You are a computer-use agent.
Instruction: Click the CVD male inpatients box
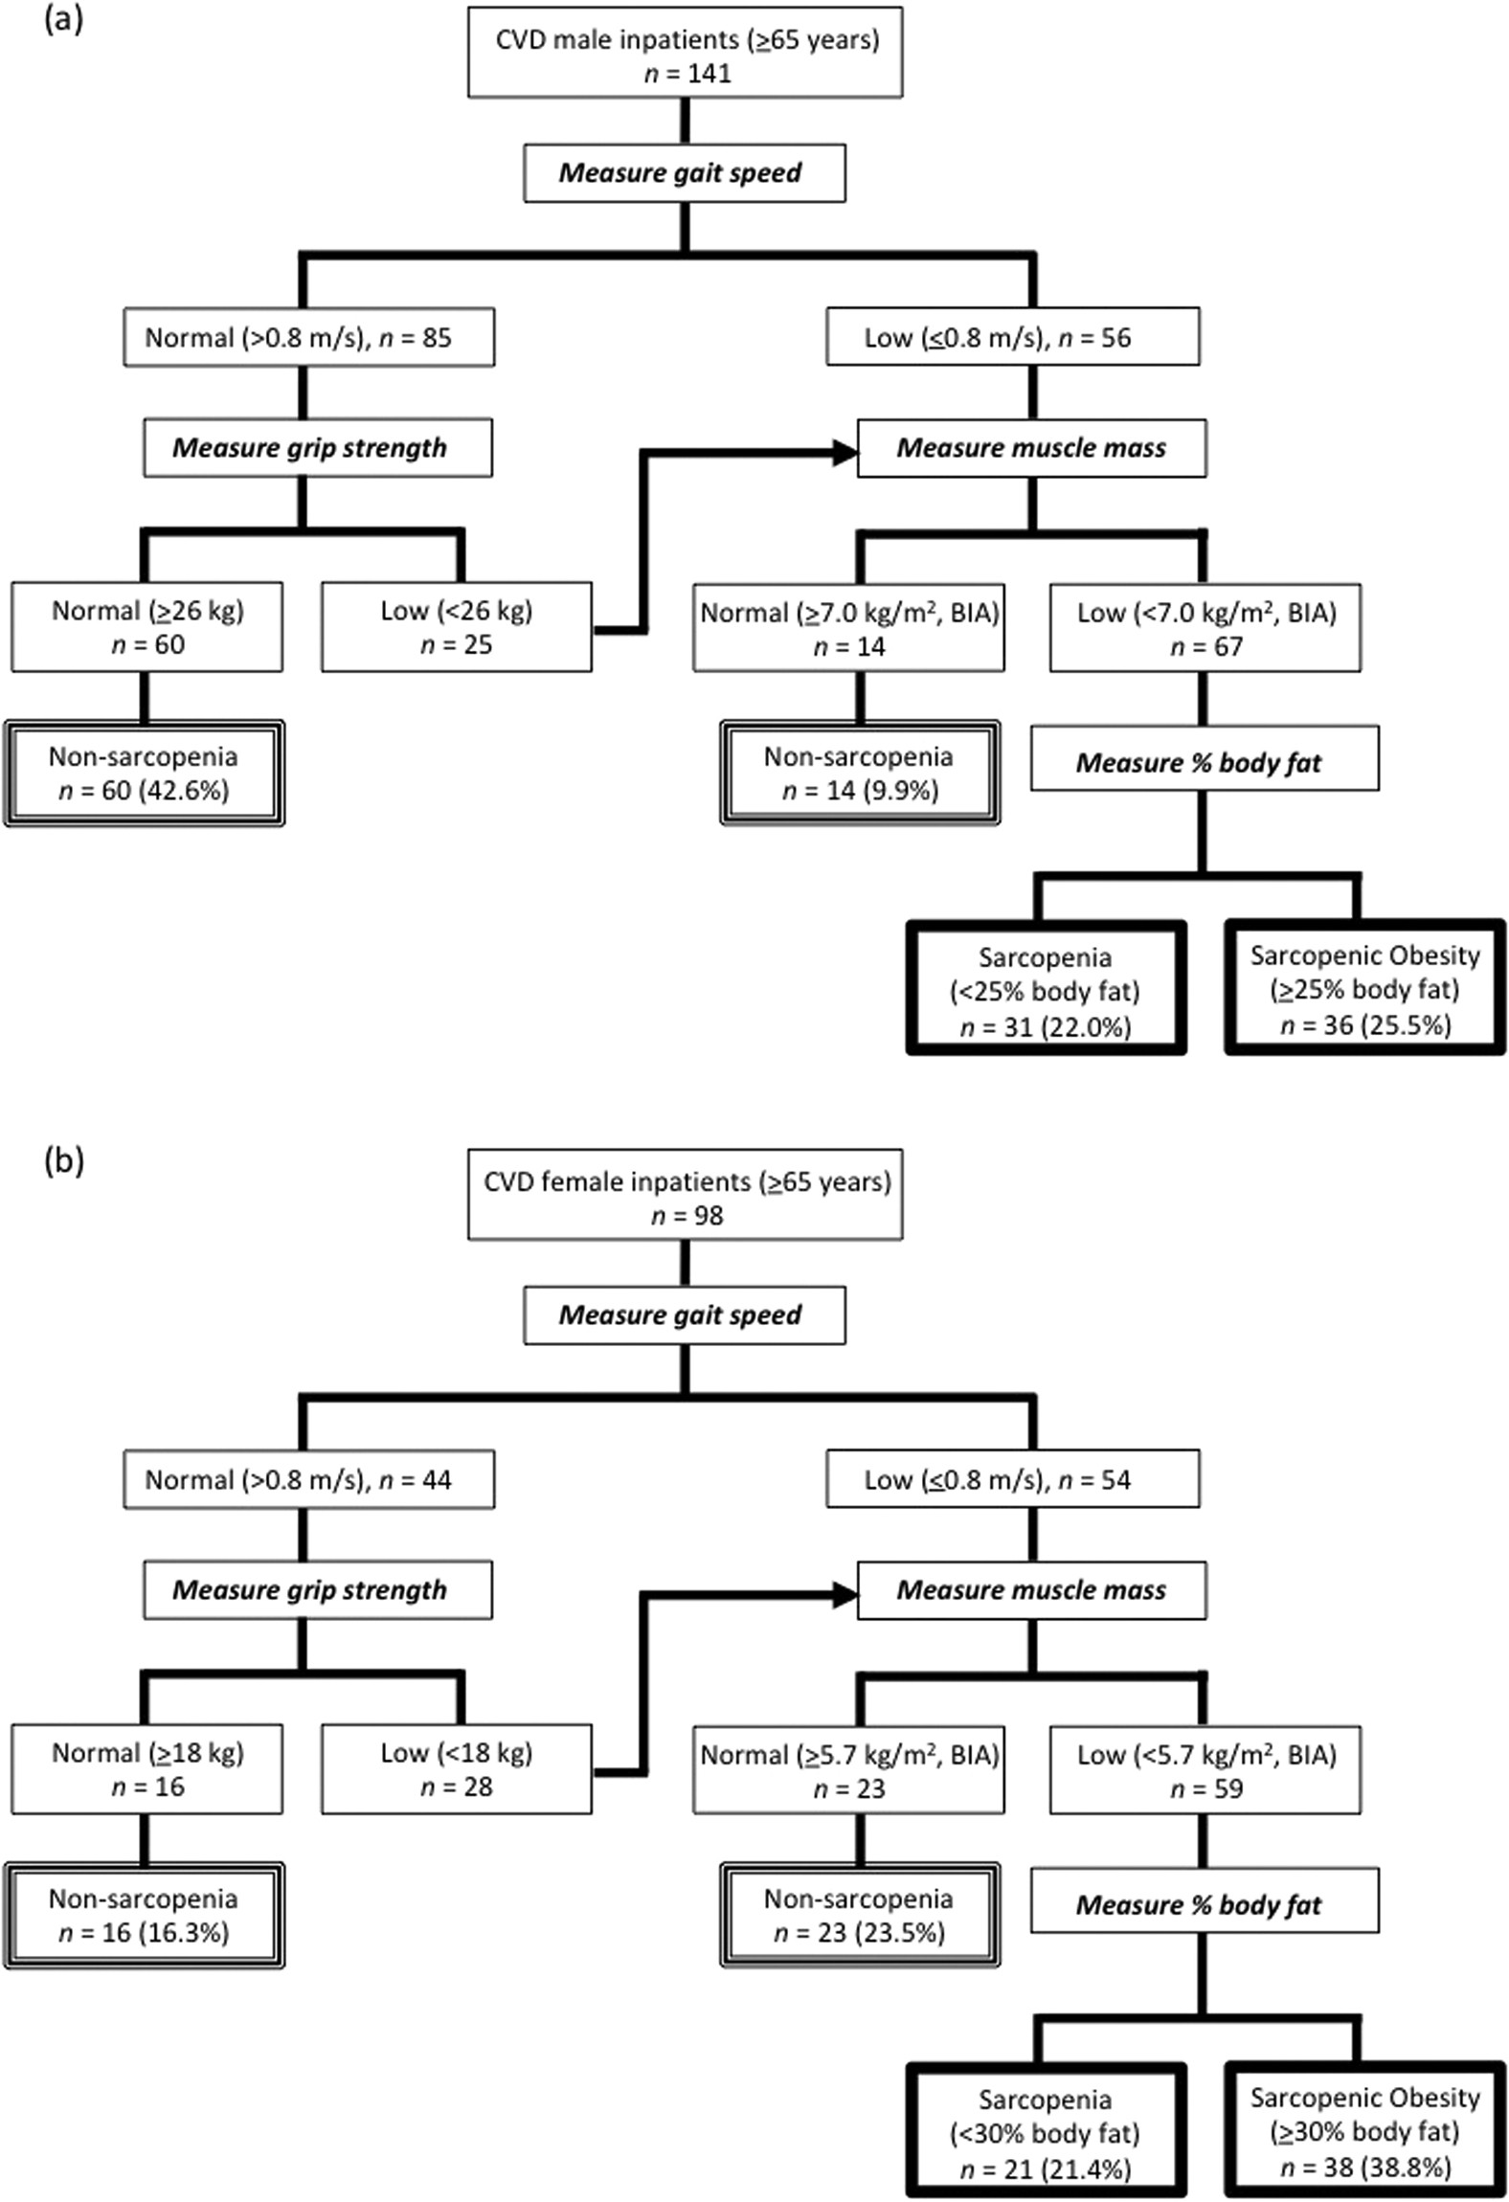point(685,56)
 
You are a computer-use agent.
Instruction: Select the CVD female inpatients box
point(685,1198)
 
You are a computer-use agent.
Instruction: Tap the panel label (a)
point(64,19)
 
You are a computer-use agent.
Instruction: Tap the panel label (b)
point(64,1161)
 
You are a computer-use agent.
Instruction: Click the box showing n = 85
point(308,337)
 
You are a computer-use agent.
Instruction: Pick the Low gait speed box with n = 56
point(1012,337)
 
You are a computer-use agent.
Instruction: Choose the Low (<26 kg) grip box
point(457,627)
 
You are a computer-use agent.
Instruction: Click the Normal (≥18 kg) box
point(146,1769)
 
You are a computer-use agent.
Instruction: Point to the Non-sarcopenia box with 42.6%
point(145,773)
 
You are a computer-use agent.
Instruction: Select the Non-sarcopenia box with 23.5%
point(860,1915)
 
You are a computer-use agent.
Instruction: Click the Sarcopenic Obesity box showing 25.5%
point(1364,989)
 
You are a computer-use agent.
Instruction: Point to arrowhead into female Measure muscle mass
point(845,1594)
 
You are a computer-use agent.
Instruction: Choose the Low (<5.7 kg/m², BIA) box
point(1205,1770)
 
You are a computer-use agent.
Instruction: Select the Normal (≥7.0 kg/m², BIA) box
point(848,628)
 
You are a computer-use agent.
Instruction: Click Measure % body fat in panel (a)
point(1204,763)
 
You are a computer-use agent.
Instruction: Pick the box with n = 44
point(308,1479)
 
